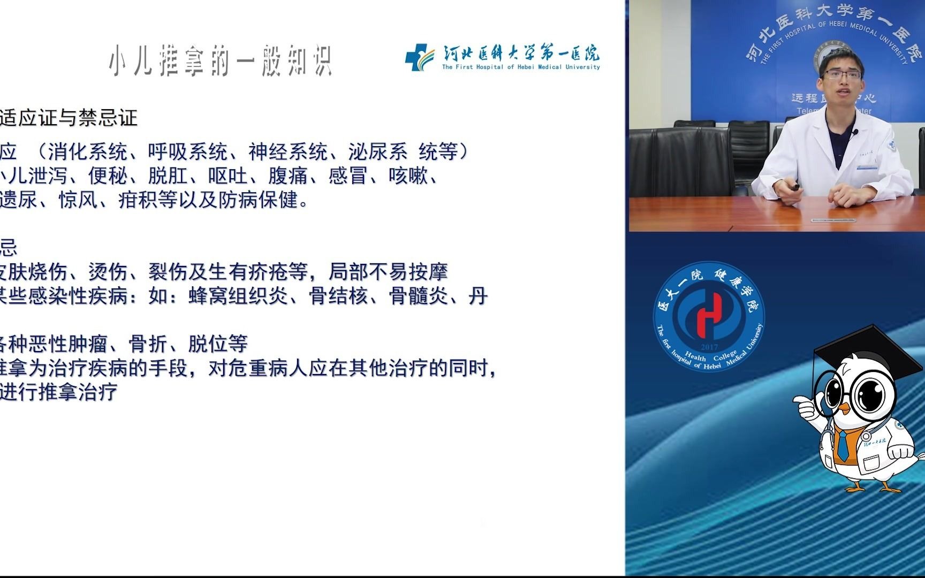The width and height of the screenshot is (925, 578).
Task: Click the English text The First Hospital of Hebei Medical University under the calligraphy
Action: click(521, 67)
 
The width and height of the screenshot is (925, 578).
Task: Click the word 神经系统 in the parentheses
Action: click(288, 152)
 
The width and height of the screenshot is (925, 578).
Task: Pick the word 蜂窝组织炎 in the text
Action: click(238, 295)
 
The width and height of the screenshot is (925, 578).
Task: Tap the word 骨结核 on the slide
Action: click(338, 295)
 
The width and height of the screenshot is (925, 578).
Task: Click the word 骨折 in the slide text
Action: click(148, 344)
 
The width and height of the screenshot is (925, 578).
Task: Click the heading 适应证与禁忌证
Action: click(69, 118)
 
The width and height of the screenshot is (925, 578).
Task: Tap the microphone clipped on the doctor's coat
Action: click(855, 132)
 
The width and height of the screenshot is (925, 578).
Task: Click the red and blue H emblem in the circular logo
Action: click(708, 316)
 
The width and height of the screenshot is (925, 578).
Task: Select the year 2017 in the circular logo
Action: click(708, 347)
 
